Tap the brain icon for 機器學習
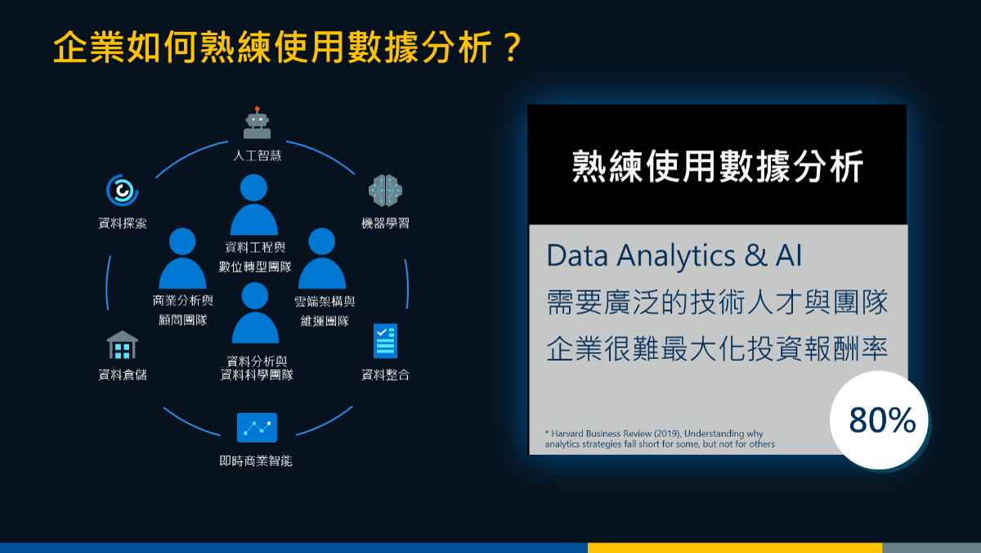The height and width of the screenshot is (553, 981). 385,190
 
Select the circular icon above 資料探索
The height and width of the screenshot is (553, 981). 122,190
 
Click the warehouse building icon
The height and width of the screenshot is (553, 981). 122,345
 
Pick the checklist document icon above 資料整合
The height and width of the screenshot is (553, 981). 385,341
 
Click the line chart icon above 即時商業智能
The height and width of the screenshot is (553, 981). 257,427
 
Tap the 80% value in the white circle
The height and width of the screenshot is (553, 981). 882,420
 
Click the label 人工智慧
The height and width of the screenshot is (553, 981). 257,155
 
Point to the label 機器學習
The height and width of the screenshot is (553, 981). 385,223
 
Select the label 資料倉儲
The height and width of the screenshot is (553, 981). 122,375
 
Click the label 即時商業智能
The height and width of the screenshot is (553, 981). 256,461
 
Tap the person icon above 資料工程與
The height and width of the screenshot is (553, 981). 254,205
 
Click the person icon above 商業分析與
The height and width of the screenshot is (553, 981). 182,259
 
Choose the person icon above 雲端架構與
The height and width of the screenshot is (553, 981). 322,259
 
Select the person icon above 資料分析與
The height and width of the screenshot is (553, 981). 255,312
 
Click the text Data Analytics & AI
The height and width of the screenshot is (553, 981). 674,255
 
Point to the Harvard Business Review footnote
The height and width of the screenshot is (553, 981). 660,438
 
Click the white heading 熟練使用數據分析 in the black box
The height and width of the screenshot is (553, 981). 718,167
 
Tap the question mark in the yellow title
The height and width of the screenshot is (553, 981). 512,47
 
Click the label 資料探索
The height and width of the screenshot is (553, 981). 122,223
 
